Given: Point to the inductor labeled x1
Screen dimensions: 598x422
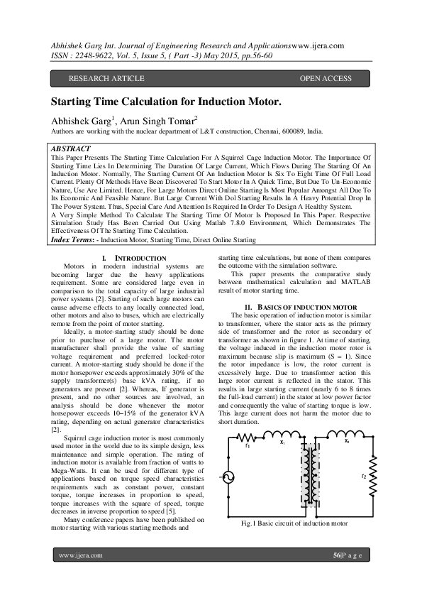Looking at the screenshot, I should click(283, 436).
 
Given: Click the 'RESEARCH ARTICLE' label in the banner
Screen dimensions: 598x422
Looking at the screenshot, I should click(106, 78).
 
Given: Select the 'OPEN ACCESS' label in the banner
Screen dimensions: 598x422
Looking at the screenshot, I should click(326, 78).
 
